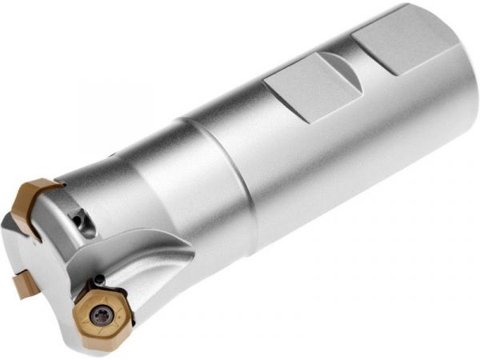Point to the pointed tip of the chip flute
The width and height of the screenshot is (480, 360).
(193, 257)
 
